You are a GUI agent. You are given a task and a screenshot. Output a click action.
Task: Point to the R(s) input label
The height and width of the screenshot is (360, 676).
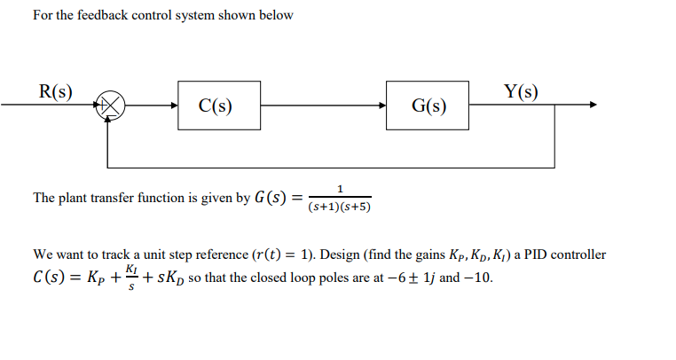click(55, 90)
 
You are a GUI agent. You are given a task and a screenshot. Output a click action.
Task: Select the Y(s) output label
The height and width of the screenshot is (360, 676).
click(521, 90)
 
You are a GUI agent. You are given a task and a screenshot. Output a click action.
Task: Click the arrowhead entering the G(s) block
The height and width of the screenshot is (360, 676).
click(382, 106)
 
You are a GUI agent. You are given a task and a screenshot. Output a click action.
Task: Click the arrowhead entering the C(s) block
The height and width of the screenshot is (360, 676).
click(173, 106)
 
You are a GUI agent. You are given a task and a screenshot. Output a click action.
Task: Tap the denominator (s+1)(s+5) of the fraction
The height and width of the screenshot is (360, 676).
click(339, 207)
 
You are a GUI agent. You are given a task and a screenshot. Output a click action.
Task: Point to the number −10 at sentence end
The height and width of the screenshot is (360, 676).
click(479, 276)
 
